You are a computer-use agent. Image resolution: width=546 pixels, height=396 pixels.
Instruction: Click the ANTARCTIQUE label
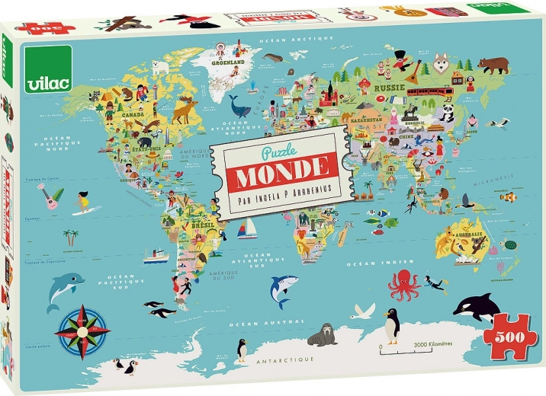pyautogui.click(x=285, y=357)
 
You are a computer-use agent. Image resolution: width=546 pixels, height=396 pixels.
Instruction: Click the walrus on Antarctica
pyautogui.click(x=323, y=334)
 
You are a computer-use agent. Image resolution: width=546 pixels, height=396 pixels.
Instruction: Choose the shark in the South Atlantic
pyautogui.click(x=283, y=288)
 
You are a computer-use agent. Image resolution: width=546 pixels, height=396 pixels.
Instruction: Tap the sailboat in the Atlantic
pyautogui.click(x=246, y=228)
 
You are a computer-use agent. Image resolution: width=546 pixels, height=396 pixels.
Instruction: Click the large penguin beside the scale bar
pyautogui.click(x=391, y=326)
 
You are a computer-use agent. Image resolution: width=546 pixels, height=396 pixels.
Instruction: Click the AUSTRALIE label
pyautogui.click(x=470, y=235)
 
